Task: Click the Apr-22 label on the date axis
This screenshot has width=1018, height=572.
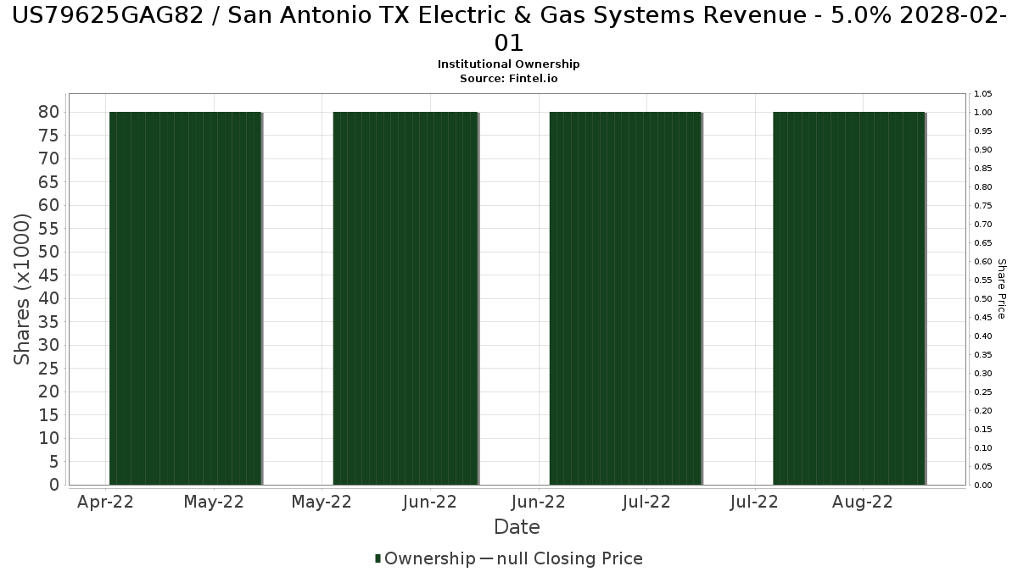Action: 105,502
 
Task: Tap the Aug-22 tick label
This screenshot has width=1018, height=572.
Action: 863,502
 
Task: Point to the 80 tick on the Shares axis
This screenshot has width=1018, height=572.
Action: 49,112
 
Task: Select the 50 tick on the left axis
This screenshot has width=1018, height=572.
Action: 49,252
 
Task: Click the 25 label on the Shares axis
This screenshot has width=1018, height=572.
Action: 49,369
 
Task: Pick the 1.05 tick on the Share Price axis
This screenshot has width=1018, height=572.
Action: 983,94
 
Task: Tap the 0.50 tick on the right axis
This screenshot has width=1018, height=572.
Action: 983,298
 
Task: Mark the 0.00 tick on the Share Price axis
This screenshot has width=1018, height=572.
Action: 983,486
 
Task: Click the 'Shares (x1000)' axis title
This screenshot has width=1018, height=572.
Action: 22,289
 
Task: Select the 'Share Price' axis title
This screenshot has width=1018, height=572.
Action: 1002,289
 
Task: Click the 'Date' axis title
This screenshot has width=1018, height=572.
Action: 517,527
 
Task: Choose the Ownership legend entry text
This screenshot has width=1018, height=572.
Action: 430,558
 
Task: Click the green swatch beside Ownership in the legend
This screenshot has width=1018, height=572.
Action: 378,558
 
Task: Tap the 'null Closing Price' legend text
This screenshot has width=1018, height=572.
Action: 570,558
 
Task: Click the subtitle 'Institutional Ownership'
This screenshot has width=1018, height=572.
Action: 508,64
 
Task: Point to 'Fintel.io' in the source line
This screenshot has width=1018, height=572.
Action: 533,79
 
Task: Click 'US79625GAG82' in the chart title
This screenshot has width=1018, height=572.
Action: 108,16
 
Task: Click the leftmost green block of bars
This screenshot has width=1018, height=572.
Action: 186,298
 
